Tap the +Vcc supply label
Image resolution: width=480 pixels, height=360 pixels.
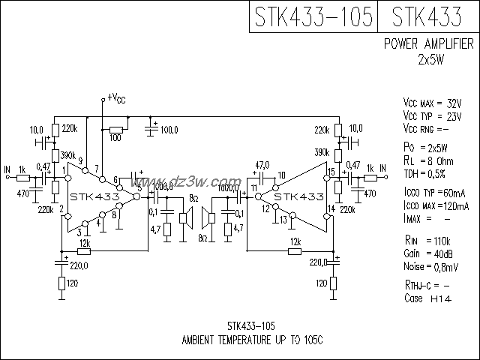pyautogui.click(x=116, y=97)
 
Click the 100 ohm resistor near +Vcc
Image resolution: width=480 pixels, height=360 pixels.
pyautogui.click(x=115, y=128)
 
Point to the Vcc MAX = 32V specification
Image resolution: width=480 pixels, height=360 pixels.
pyautogui.click(x=432, y=102)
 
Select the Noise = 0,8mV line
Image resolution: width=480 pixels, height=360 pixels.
pyautogui.click(x=430, y=266)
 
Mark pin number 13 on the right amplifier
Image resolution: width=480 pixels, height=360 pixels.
pyautogui.click(x=282, y=220)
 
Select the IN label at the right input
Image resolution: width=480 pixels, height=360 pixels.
pyautogui.click(x=382, y=167)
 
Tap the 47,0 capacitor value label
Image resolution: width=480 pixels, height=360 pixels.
pyautogui.click(x=262, y=164)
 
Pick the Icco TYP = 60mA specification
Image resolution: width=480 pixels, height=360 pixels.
pyautogui.click(x=435, y=193)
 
